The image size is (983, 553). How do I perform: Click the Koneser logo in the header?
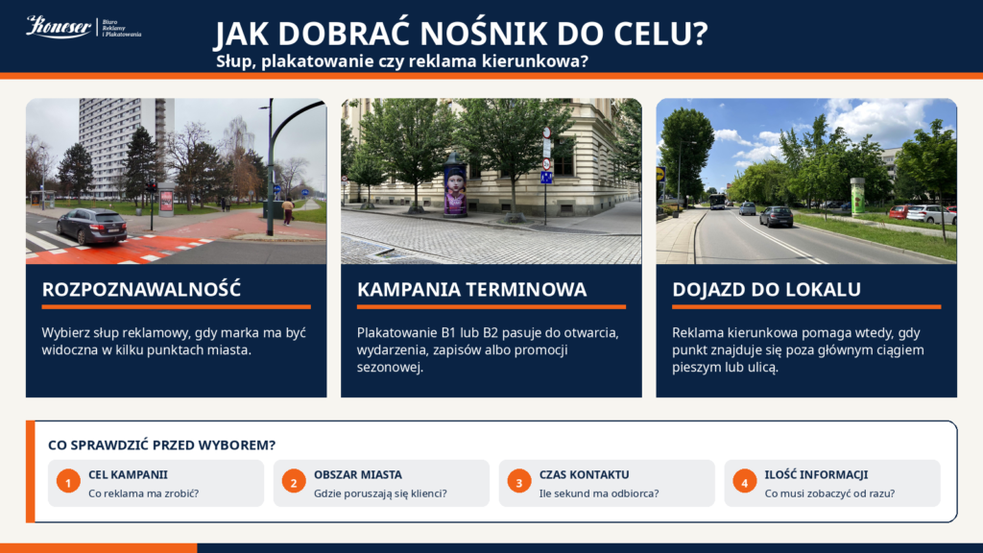click(x=84, y=27)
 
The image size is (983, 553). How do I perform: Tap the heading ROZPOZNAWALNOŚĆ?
click(x=141, y=289)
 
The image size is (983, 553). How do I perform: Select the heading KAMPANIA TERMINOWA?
click(x=471, y=289)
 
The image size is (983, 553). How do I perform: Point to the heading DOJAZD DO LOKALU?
click(x=766, y=289)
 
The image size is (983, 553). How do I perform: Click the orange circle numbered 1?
click(x=68, y=482)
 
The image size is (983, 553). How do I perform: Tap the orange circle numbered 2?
click(x=294, y=482)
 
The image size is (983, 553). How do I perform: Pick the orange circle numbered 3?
click(x=519, y=482)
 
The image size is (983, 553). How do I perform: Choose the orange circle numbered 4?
click(x=745, y=482)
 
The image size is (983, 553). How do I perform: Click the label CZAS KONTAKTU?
click(x=584, y=474)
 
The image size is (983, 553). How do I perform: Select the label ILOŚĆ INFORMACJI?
click(x=816, y=474)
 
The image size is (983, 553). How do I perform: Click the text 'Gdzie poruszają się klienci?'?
click(x=380, y=493)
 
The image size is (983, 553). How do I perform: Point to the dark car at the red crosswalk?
click(x=91, y=226)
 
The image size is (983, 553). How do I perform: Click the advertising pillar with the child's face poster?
click(x=455, y=185)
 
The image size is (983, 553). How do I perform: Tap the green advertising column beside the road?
click(x=857, y=196)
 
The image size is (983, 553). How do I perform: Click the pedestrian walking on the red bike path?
click(x=288, y=211)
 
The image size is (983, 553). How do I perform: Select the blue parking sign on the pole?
click(x=546, y=178)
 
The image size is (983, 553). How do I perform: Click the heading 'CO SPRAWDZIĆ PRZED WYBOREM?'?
click(x=161, y=445)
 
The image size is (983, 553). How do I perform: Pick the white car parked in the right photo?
click(x=931, y=214)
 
